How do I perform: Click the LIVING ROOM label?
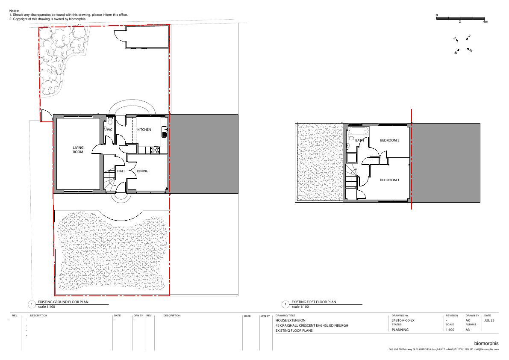(78, 150)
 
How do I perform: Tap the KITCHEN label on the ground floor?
(144, 130)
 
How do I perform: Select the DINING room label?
(142, 171)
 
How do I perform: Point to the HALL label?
(121, 171)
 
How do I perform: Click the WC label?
(110, 130)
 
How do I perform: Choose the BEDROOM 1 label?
(389, 180)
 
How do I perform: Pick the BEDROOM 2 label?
(389, 141)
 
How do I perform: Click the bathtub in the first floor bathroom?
(359, 131)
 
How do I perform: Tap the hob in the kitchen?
(155, 150)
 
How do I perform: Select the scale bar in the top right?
(461, 18)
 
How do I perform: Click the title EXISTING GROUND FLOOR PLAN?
(63, 302)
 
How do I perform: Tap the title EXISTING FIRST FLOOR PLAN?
(314, 302)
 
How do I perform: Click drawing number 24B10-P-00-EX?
(403, 320)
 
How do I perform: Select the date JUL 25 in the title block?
(489, 320)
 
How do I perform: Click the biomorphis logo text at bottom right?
(486, 343)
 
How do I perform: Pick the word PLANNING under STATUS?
(400, 330)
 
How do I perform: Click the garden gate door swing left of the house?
(46, 115)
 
